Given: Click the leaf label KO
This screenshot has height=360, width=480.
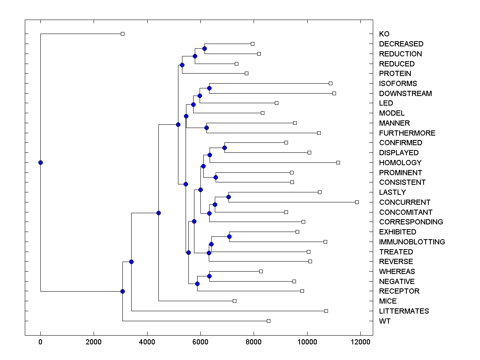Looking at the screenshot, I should [384, 34].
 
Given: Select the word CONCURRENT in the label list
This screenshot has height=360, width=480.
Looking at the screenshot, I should [405, 202].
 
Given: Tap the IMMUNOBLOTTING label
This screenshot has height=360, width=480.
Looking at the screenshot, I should [412, 242].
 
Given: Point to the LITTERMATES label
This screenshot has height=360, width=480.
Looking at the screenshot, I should [404, 311].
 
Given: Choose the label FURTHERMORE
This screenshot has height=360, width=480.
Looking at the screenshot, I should [407, 133].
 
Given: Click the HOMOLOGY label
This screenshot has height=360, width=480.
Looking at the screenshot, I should [400, 163].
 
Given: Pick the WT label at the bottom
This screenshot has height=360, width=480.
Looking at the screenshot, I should [385, 321].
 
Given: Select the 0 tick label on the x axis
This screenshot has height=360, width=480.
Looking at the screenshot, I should [40, 342].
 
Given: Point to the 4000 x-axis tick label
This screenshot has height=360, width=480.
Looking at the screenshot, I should [147, 342].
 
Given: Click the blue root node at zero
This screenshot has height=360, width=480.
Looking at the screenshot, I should [40, 162].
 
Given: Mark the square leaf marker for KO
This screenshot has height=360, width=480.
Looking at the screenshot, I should [123, 34].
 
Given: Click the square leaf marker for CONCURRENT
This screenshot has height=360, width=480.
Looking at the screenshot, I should [357, 202].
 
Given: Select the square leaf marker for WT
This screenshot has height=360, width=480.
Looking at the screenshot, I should [269, 321].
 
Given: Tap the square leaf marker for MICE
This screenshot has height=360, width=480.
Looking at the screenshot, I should [235, 301].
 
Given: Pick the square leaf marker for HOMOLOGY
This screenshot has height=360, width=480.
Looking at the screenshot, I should [338, 162].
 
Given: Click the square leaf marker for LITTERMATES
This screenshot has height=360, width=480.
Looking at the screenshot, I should [326, 311].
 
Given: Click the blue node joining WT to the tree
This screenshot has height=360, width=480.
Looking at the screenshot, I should [123, 291].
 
